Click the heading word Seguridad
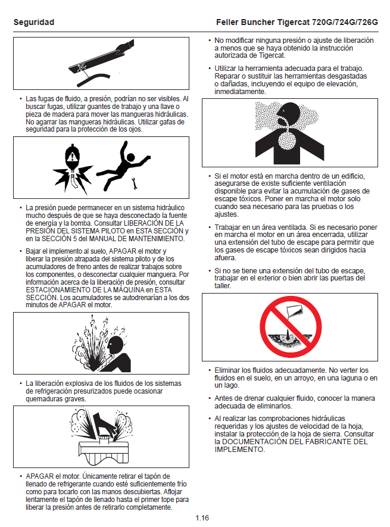pyautogui.click(x=33, y=22)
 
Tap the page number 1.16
pyautogui.click(x=202, y=518)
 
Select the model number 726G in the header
pyautogui.click(x=368, y=22)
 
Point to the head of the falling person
pyautogui.click(x=130, y=158)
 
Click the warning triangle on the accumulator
pyautogui.click(x=71, y=157)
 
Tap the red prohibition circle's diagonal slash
pyautogui.click(x=291, y=327)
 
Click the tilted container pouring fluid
pyautogui.click(x=294, y=311)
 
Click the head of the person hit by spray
pyautogui.click(x=116, y=346)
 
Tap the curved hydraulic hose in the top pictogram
pyautogui.click(x=93, y=79)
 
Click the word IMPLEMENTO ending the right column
pyautogui.click(x=239, y=450)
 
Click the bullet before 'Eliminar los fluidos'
pyautogui.click(x=210, y=370)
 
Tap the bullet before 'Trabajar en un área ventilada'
pyautogui.click(x=210, y=227)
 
